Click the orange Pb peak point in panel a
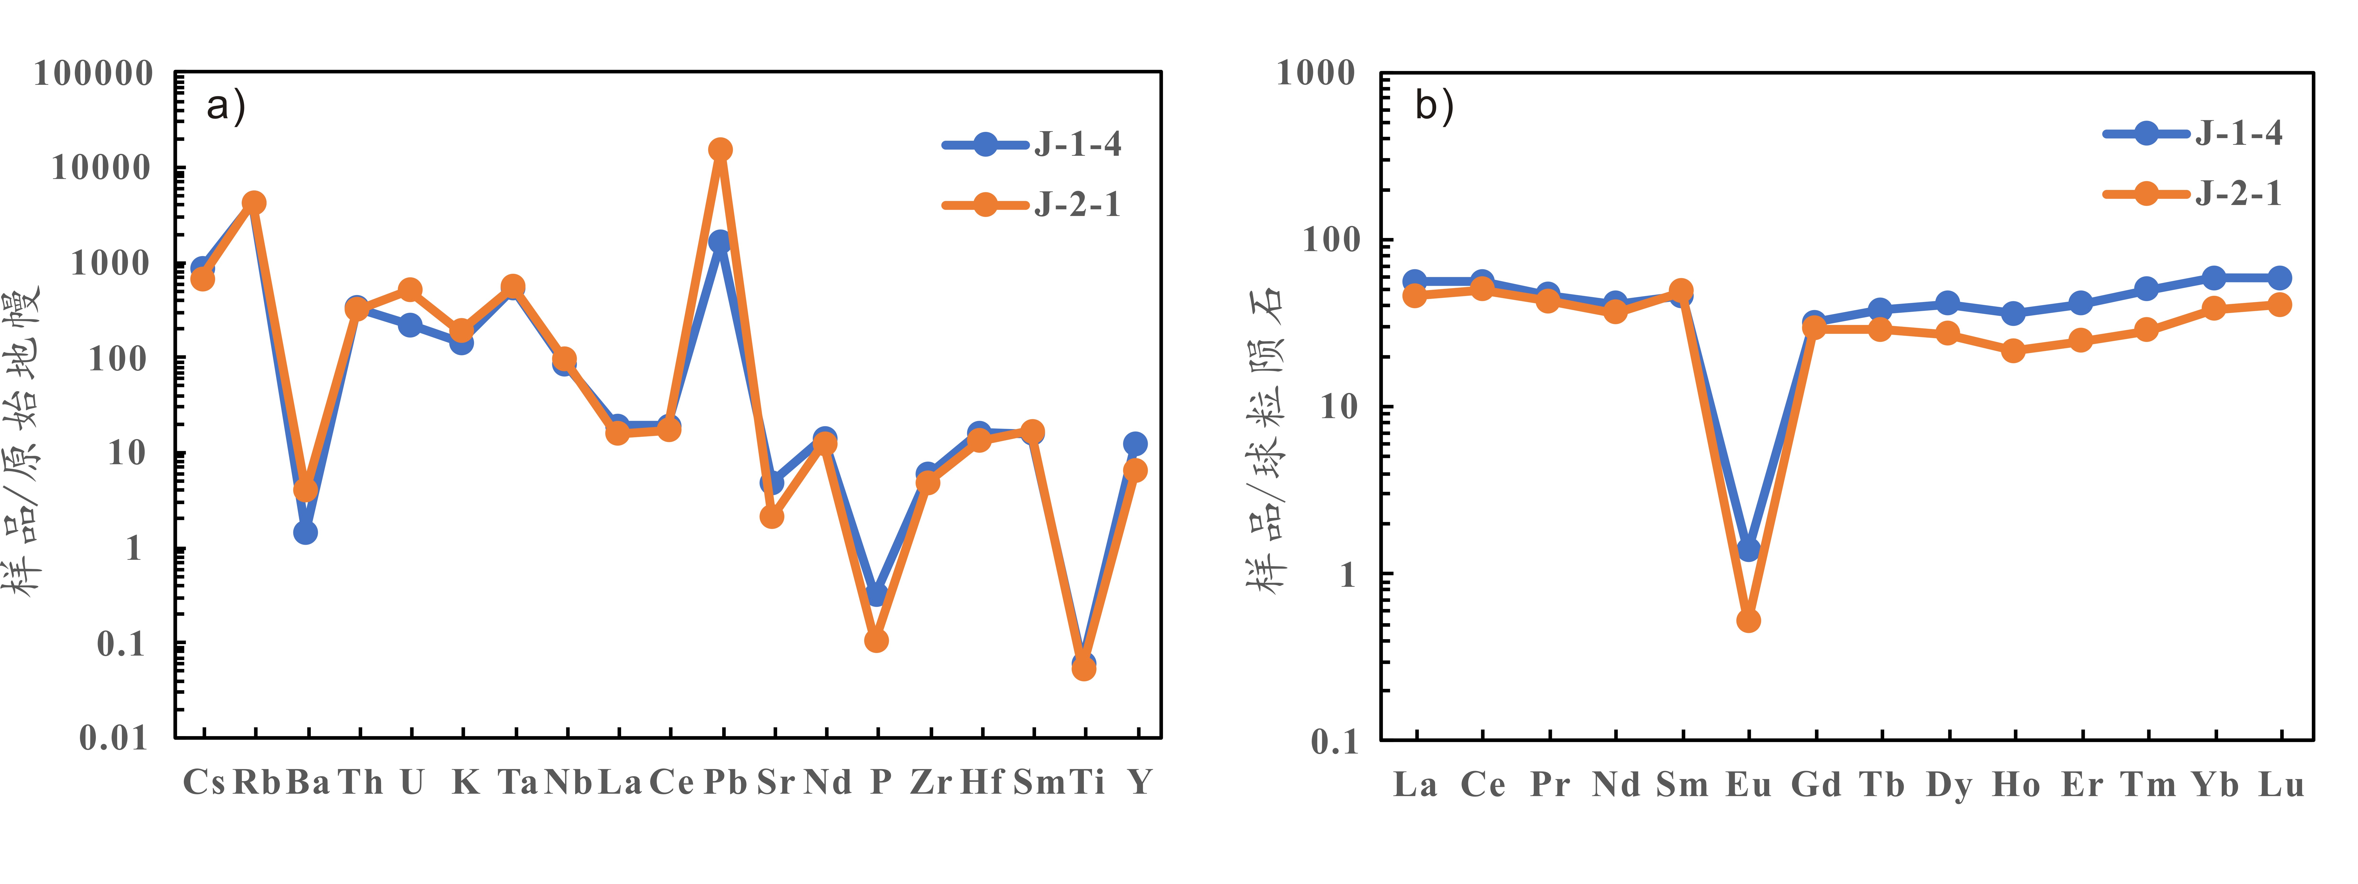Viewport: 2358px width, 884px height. click(720, 149)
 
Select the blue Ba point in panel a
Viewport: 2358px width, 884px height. click(306, 532)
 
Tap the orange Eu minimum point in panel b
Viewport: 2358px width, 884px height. click(1748, 620)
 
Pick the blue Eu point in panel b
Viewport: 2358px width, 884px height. click(1748, 549)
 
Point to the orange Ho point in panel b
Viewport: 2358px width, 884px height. click(2013, 350)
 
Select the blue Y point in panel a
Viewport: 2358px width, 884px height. click(1135, 444)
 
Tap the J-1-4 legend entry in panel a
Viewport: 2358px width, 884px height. click(1032, 144)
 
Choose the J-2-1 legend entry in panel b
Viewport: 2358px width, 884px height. click(2192, 193)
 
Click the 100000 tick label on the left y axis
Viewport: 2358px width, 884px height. click(93, 73)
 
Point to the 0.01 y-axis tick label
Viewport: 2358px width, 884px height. click(114, 738)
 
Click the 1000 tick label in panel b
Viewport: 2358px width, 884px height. click(1315, 73)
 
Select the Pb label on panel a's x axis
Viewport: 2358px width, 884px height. click(725, 782)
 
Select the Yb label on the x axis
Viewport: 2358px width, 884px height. click(2215, 784)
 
